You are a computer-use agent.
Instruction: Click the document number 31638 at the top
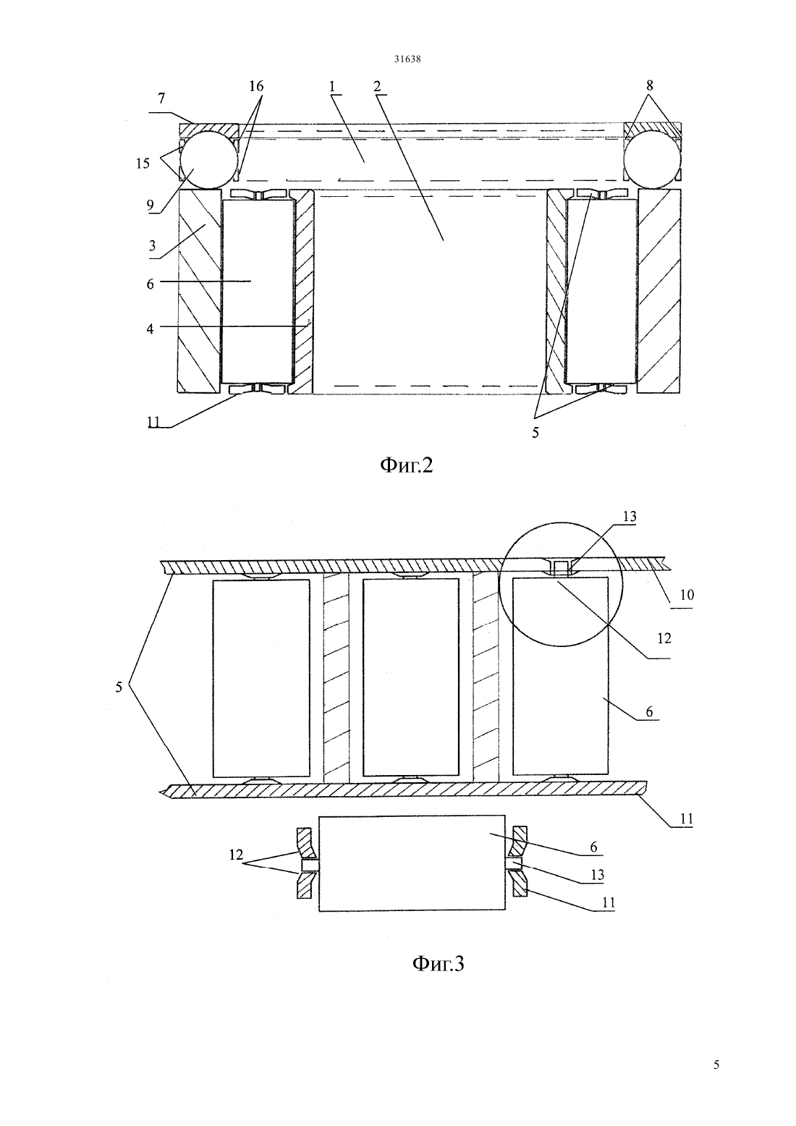coord(407,59)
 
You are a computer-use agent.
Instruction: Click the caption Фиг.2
coord(406,465)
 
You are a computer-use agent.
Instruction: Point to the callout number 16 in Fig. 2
coord(256,86)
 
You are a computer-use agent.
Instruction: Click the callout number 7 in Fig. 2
coord(161,98)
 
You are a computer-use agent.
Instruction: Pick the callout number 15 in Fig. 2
coord(143,163)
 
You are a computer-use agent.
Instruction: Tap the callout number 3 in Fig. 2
coord(152,246)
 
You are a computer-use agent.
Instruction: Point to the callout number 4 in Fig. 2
coord(150,329)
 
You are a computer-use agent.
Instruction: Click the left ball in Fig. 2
coord(208,159)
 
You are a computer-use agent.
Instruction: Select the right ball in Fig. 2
coord(652,159)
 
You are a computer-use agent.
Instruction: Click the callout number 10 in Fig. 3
coord(687,595)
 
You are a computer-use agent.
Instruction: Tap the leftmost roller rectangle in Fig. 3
coord(261,678)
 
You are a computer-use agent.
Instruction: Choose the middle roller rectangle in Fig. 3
coord(411,677)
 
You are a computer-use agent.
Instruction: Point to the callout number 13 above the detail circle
coord(630,516)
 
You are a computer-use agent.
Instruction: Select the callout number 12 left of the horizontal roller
coord(236,855)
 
